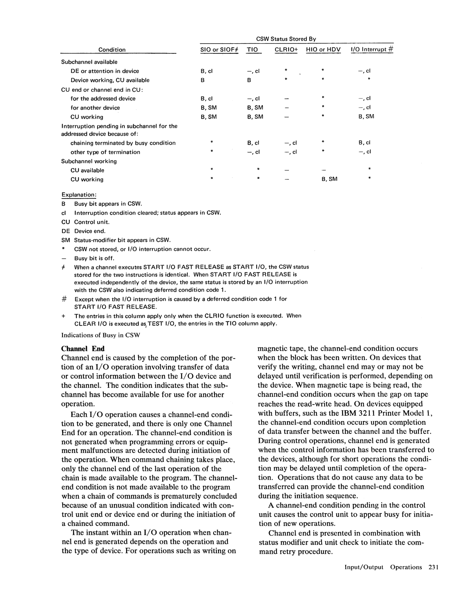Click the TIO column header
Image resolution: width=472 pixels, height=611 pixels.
pos(253,50)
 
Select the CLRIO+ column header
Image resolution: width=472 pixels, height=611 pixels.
pos(286,50)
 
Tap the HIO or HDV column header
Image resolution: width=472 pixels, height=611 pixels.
pos(323,50)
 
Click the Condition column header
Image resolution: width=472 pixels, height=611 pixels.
pos(112,50)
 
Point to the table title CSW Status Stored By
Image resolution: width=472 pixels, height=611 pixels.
pos(286,39)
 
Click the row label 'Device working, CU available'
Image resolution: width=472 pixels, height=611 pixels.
pos(110,80)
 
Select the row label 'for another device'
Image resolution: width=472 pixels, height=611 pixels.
pos(95,108)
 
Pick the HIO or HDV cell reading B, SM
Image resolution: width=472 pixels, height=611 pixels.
pos(329,179)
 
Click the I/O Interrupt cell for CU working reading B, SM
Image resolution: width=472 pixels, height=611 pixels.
pos(366,117)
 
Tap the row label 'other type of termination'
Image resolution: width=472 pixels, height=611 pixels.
pos(105,152)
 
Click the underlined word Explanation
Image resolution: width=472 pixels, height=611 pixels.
pos(79,195)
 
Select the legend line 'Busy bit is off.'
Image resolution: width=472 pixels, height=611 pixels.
pos(94,258)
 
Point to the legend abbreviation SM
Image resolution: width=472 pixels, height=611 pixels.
pos(65,240)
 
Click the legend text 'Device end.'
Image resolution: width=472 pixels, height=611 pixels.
pos(90,231)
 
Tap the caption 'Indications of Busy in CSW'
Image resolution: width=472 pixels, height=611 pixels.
pos(101,335)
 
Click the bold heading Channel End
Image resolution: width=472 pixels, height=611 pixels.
pos(83,349)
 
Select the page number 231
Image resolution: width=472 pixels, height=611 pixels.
pos(433,567)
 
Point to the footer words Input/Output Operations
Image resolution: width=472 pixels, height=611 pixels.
pos(383,567)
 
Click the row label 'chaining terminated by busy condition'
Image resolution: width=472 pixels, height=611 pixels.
pos(123,143)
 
